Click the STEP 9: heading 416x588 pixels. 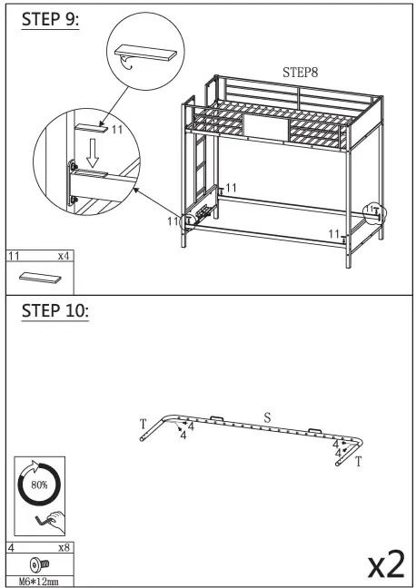coord(50,20)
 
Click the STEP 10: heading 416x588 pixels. coord(54,310)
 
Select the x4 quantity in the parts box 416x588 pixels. coord(64,257)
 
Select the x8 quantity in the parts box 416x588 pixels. coord(64,547)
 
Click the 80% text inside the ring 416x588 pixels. coord(38,485)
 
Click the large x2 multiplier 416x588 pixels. coord(384,563)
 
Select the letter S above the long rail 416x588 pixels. coord(267,417)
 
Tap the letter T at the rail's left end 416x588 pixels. coord(143,425)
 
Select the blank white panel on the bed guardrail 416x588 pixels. coord(265,128)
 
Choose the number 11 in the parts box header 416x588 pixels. coord(13,257)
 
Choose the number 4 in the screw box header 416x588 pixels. coord(11,547)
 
